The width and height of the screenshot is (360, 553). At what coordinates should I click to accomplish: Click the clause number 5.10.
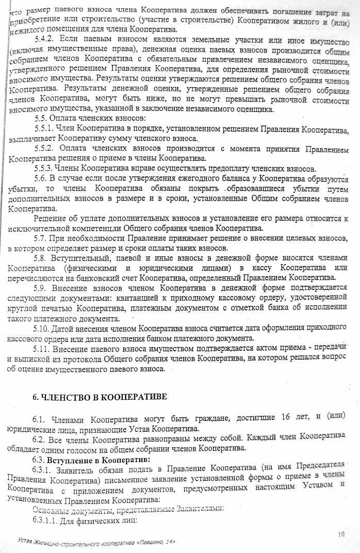click(42, 328)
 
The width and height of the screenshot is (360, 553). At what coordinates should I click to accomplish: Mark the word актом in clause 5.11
click(263, 348)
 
